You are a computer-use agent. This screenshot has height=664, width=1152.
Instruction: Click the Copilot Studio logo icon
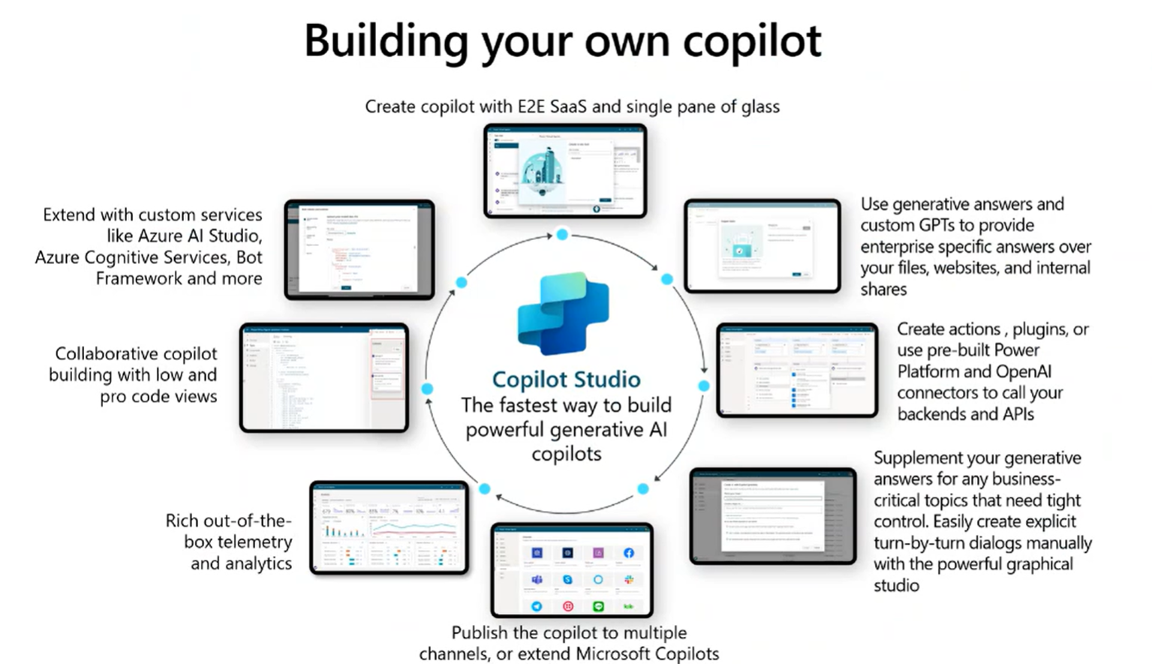tap(564, 314)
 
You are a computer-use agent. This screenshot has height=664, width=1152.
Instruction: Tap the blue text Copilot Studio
tap(566, 379)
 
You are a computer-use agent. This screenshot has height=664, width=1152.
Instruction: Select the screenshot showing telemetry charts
tap(389, 528)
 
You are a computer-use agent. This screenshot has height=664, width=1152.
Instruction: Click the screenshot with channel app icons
tap(572, 570)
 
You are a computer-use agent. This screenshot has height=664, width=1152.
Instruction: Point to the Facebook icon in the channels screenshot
tap(629, 553)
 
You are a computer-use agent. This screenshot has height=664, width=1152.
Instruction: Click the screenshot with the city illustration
tap(565, 171)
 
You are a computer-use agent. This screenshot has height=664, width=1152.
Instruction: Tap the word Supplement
tap(917, 458)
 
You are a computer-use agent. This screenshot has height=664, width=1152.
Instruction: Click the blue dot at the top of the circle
tap(562, 235)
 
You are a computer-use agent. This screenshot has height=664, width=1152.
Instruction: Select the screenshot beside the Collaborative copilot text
tap(324, 377)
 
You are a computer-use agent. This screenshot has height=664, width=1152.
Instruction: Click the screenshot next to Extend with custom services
tap(359, 250)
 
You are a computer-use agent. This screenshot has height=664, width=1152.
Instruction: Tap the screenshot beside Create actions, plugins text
tap(797, 370)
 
